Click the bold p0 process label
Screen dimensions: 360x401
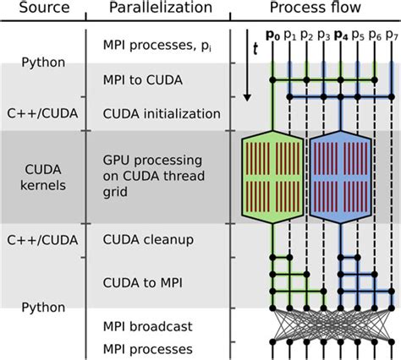tap(272, 35)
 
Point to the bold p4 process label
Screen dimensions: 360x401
tap(340, 35)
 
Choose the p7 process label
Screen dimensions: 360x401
tap(390, 35)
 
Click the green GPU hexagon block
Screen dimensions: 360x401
tap(273, 176)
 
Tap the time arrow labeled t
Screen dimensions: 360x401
tap(246, 68)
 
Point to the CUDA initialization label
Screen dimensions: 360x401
tap(161, 113)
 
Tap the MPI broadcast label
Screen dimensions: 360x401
tap(147, 325)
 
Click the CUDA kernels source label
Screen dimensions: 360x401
tap(41, 176)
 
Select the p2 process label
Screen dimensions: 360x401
tap(305, 35)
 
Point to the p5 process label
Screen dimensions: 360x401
tap(357, 35)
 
